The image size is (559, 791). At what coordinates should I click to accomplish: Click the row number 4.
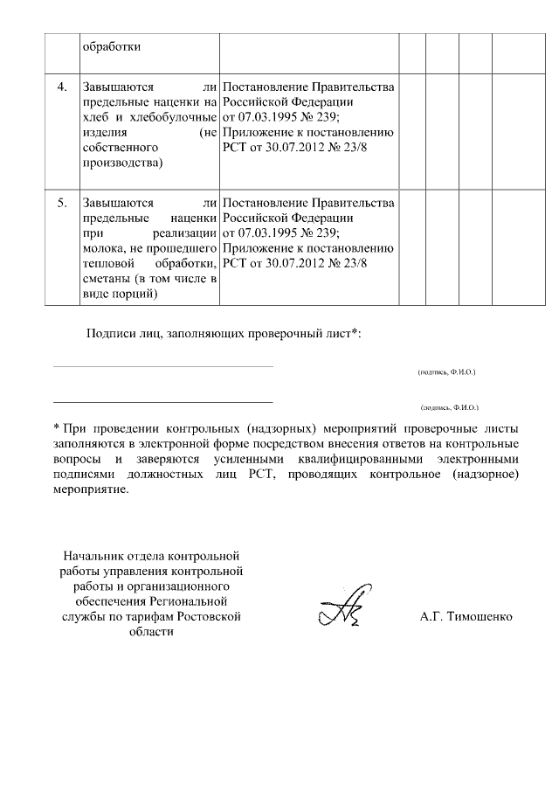coord(61,87)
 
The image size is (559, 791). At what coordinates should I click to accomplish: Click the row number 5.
coord(61,203)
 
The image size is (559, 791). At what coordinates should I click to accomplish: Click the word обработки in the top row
coord(111,46)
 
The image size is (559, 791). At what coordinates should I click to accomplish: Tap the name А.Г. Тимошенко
coord(466,616)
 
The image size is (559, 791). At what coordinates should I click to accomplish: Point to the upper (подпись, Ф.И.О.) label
coord(446,371)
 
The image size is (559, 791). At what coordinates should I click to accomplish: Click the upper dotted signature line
coord(163,366)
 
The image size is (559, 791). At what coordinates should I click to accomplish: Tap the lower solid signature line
coord(163,402)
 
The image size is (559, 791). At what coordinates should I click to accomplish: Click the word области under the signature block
coord(150,631)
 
